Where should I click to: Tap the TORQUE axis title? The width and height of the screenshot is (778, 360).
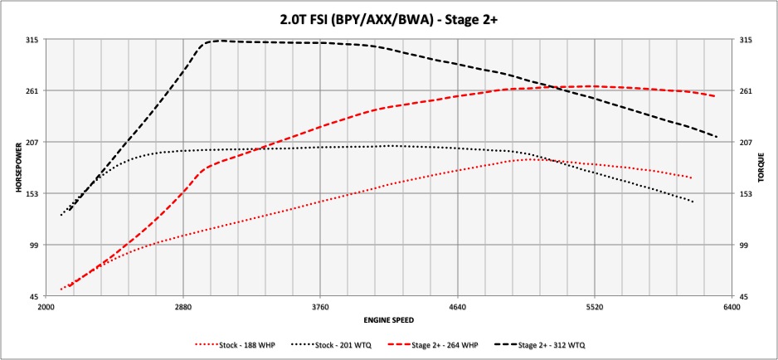coord(761,168)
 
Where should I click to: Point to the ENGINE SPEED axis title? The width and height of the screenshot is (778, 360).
coord(388,319)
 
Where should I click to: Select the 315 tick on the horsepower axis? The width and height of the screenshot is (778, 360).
coord(33,40)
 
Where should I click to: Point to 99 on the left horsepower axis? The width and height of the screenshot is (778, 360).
coord(35,246)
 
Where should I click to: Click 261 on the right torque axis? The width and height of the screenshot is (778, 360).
coord(746,91)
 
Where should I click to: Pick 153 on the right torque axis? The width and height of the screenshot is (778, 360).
coord(746,194)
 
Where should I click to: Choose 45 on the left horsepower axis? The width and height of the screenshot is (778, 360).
coord(35,297)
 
